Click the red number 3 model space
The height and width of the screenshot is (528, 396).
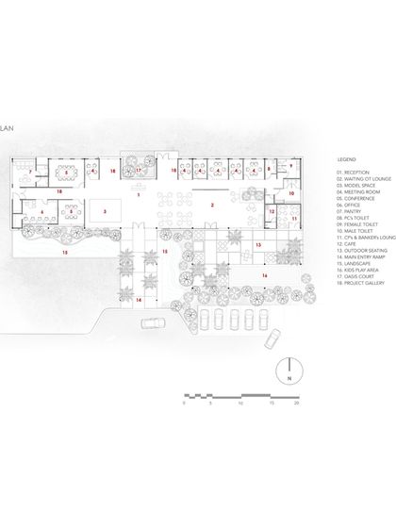(106, 211)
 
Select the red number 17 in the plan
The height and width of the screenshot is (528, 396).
(139, 171)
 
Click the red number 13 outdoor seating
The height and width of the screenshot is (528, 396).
(257, 244)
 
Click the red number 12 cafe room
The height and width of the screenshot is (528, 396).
(272, 212)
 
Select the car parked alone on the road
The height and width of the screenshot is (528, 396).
(150, 323)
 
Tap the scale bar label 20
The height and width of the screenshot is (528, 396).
(297, 403)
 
